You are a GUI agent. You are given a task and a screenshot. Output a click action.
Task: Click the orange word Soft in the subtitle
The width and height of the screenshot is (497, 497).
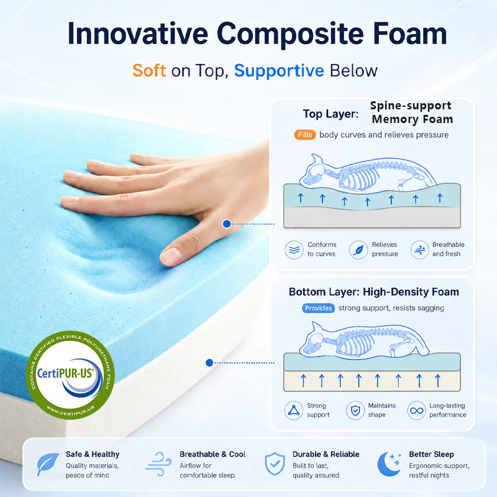pyautogui.click(x=149, y=70)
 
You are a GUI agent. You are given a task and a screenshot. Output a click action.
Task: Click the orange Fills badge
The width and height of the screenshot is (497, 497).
pyautogui.click(x=305, y=135)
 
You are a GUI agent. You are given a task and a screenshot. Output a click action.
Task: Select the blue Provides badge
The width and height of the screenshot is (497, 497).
pyautogui.click(x=318, y=308)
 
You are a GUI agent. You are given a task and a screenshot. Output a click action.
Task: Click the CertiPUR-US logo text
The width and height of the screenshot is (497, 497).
pyautogui.click(x=65, y=373)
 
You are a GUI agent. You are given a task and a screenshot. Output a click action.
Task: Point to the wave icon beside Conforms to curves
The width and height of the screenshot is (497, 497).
pyautogui.click(x=294, y=250)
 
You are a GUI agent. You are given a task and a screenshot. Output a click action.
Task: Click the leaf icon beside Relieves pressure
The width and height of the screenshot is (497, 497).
pyautogui.click(x=358, y=250)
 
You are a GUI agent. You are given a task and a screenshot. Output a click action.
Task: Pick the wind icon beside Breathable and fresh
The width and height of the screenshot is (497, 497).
pyautogui.click(x=420, y=250)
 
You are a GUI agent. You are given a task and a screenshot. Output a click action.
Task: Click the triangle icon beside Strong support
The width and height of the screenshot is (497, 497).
pyautogui.click(x=294, y=411)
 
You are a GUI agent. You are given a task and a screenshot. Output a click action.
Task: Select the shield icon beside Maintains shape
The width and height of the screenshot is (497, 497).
pyautogui.click(x=355, y=411)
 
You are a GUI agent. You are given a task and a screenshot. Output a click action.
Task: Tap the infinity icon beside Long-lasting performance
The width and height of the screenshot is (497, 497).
pyautogui.click(x=416, y=411)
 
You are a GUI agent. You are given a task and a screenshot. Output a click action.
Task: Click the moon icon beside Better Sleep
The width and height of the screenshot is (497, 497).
pyautogui.click(x=389, y=463)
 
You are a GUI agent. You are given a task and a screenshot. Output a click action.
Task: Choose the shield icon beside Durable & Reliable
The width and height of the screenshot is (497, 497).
pyautogui.click(x=275, y=463)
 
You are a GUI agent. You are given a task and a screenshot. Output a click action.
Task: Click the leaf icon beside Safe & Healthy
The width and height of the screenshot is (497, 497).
pyautogui.click(x=48, y=464)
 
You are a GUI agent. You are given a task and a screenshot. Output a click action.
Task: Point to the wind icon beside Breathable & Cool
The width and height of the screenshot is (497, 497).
pyautogui.click(x=158, y=464)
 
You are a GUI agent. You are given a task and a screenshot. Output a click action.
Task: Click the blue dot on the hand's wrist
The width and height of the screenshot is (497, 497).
pyautogui.click(x=227, y=224)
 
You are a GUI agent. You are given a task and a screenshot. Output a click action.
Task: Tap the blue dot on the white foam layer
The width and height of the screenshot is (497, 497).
pyautogui.click(x=209, y=363)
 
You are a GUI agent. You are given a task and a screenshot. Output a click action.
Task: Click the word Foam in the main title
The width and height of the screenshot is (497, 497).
pyautogui.click(x=410, y=34)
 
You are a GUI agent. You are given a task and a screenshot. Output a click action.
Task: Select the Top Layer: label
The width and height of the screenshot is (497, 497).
pyautogui.click(x=331, y=114)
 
